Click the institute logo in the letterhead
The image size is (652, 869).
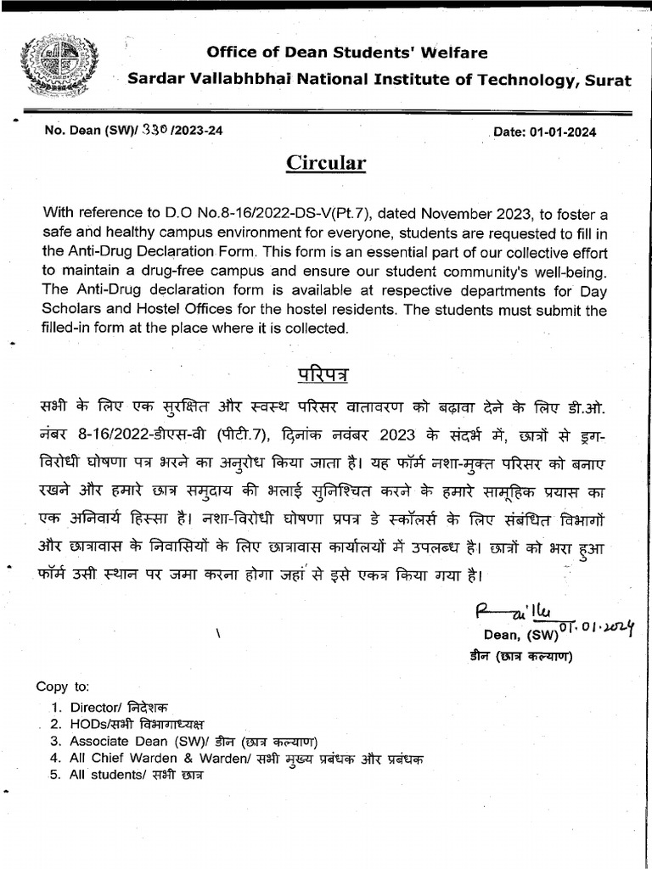click(x=52, y=64)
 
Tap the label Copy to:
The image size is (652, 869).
click(x=62, y=686)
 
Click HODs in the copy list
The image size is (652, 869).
click(x=88, y=724)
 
